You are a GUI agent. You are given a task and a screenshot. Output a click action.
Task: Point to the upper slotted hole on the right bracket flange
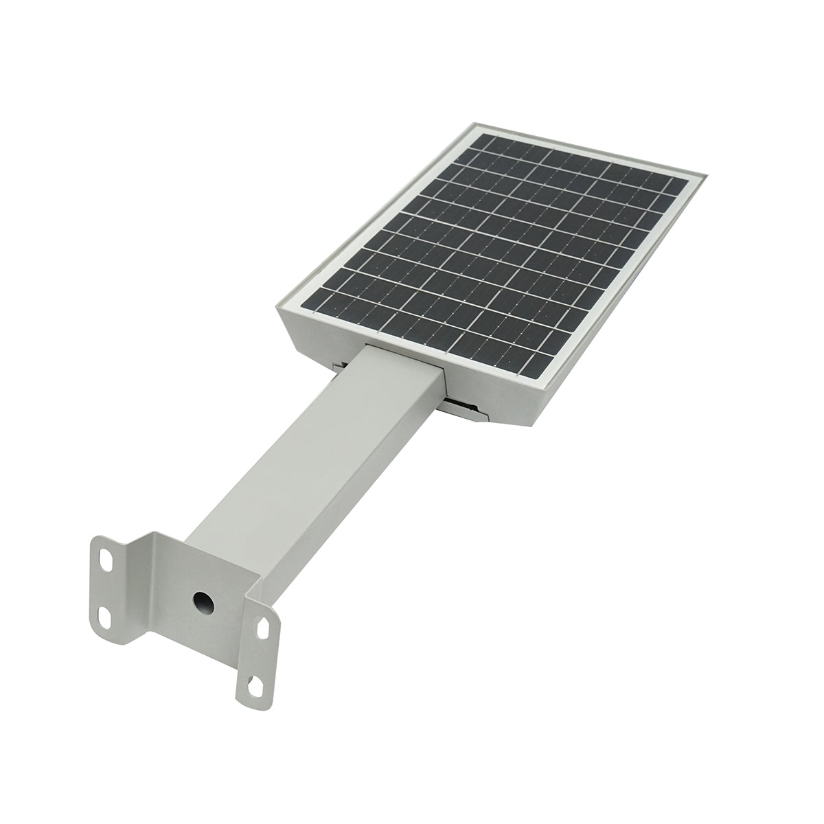264,626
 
